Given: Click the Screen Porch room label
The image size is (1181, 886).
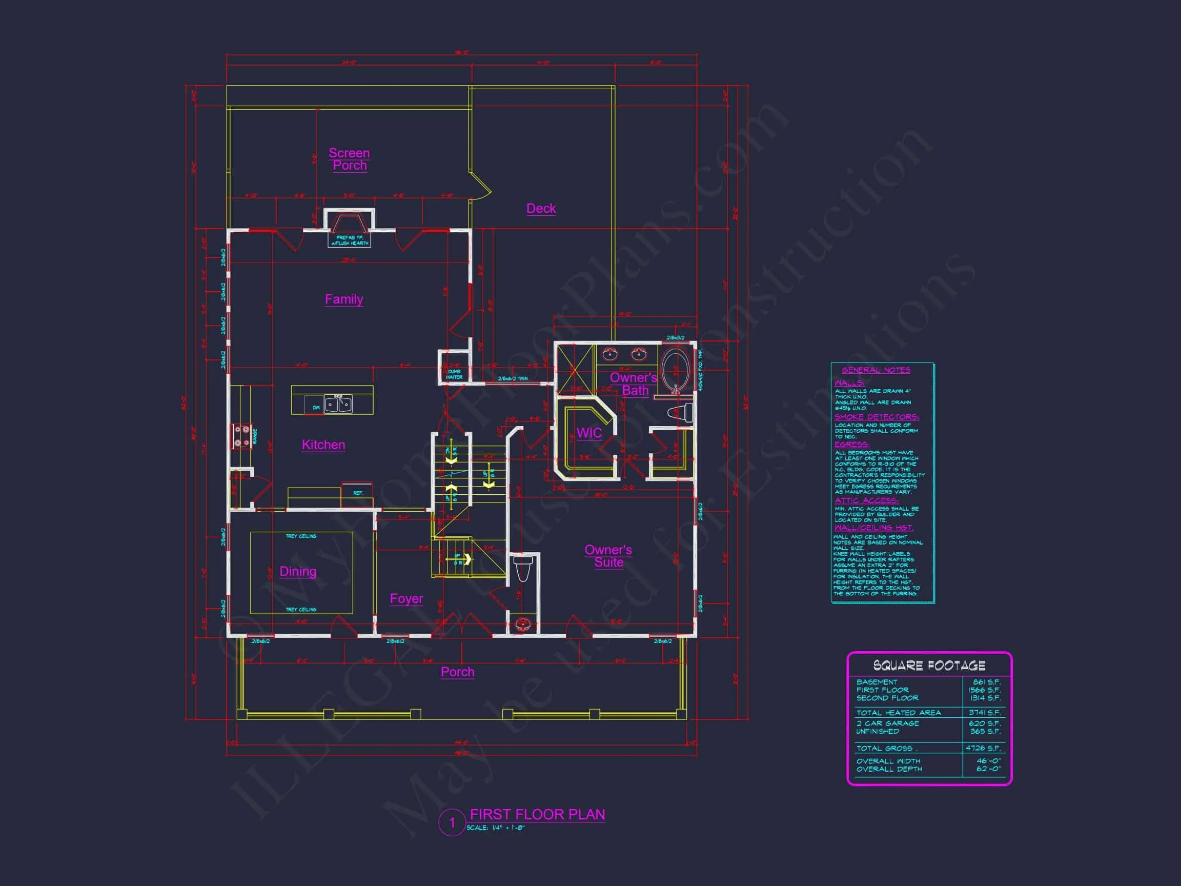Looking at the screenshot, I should click(349, 159).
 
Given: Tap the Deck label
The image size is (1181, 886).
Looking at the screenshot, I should click(541, 208).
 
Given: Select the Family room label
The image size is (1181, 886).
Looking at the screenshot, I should click(344, 299).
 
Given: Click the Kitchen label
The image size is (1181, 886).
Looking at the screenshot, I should click(323, 445).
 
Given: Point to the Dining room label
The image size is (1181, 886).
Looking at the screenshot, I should click(298, 572).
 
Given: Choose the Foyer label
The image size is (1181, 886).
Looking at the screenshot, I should click(406, 599).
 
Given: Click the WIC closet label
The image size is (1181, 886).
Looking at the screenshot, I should click(589, 433).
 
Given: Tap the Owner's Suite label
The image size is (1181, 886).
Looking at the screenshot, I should click(608, 556).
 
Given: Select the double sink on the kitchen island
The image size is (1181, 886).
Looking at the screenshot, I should click(338, 404).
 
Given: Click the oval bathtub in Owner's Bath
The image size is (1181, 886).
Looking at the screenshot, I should click(675, 369).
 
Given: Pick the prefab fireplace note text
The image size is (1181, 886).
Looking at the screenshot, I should click(349, 240).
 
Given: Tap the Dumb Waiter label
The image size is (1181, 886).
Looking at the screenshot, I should click(454, 374).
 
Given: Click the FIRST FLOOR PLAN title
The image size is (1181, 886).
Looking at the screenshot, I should click(537, 814).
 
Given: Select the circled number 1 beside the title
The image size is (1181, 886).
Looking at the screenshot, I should click(452, 822).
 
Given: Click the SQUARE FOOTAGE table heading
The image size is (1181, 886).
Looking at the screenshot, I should click(929, 666).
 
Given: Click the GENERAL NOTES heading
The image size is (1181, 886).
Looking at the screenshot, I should click(875, 370).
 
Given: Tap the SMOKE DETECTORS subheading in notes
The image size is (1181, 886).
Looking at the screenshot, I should click(877, 417).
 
